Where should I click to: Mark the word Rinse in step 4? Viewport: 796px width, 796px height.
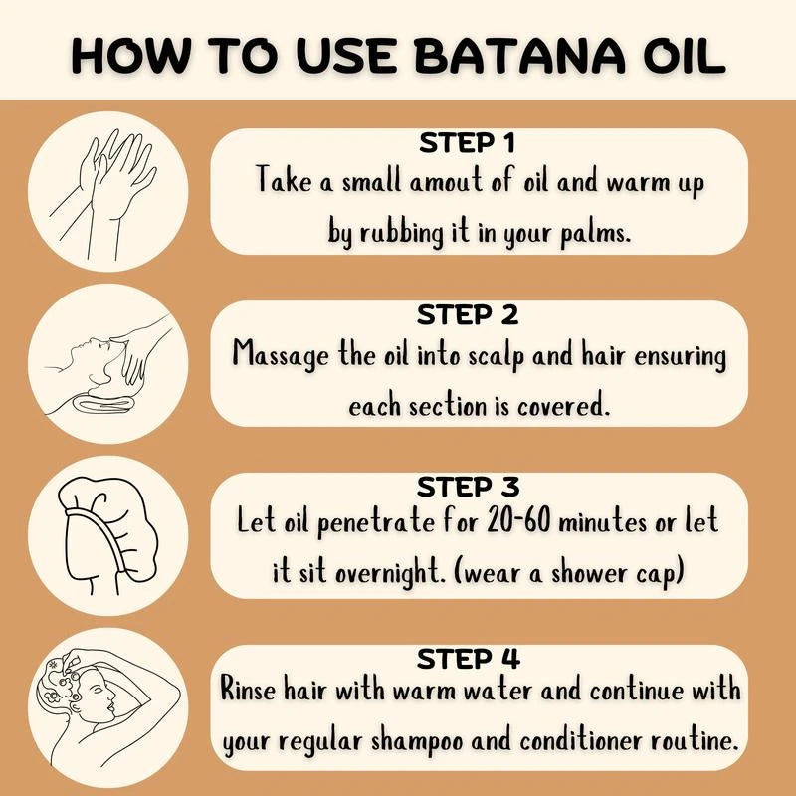point(252,692)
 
